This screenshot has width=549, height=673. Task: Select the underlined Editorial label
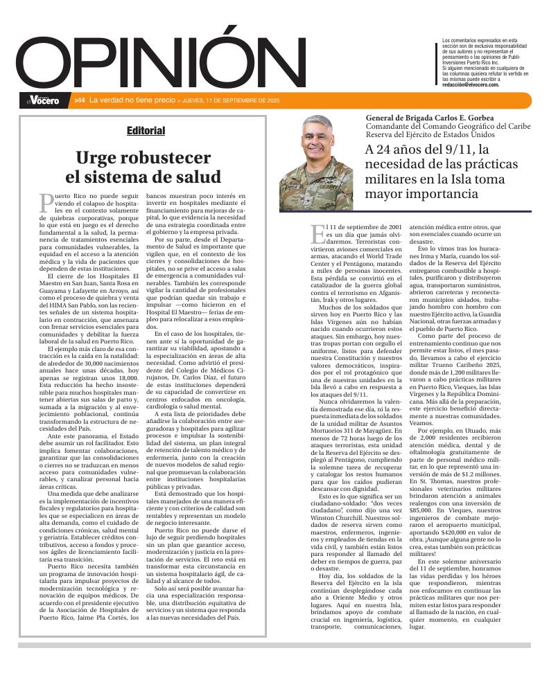coord(146,130)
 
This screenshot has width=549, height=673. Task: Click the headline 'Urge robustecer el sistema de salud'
coord(143,166)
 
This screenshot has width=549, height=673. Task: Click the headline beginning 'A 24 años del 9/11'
coord(441,172)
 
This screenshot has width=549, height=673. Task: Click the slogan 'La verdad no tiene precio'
coord(131,101)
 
